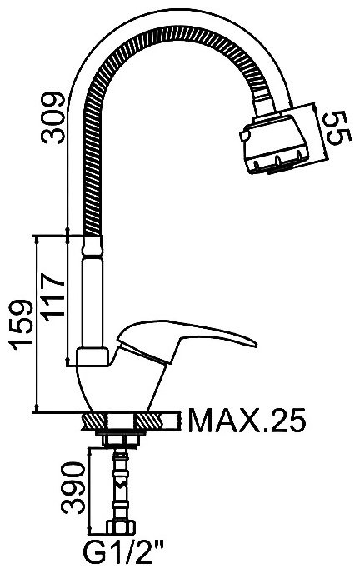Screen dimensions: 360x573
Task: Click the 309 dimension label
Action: pos(53,117)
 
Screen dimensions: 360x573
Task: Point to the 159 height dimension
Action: pos(22,325)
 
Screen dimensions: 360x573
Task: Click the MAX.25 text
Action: pos(247,420)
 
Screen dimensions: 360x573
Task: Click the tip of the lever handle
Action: pos(256,344)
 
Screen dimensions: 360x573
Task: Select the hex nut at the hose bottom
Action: pos(121,527)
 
